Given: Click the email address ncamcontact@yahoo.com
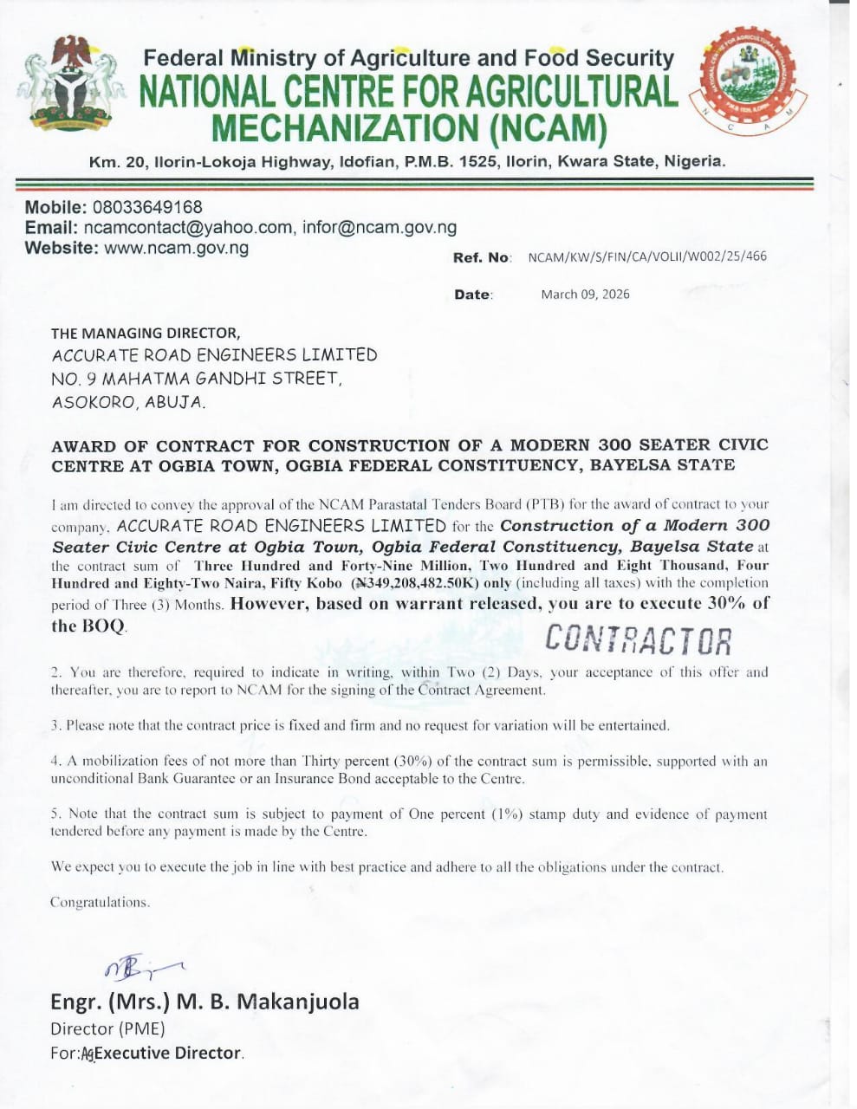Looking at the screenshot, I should (x=188, y=228).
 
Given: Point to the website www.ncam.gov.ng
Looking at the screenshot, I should (x=176, y=249).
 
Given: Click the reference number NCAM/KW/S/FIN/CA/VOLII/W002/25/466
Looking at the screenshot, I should (x=646, y=256).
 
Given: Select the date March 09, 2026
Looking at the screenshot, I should (x=585, y=295).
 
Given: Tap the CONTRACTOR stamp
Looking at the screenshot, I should (x=639, y=640).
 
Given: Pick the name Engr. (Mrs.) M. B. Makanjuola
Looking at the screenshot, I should (x=205, y=1002).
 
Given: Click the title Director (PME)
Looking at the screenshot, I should (x=107, y=1029).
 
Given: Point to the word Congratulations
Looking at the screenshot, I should (x=100, y=902).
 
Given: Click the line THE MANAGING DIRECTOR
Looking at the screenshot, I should (x=145, y=333).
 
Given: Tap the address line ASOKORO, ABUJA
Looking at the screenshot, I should (x=128, y=402).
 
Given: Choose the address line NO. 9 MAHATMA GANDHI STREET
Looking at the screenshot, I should (x=195, y=379).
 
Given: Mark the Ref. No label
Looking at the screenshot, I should (x=481, y=257).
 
